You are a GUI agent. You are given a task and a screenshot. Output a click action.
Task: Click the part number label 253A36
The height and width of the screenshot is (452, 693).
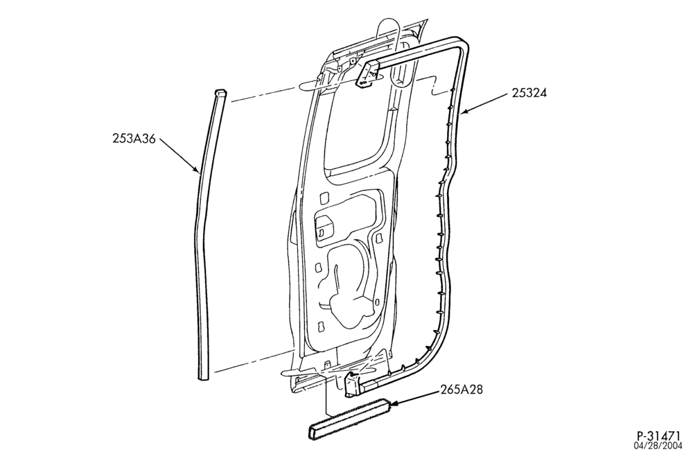pos(134,139)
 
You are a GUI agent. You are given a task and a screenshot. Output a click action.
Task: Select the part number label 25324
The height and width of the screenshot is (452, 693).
pos(529,93)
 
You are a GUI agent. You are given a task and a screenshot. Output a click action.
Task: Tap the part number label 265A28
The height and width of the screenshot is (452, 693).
pos(462,390)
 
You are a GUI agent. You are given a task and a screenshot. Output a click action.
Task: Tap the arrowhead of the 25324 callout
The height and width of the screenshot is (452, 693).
pos(464,112)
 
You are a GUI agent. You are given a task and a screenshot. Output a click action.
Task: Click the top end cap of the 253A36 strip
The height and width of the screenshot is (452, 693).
pos(221,94)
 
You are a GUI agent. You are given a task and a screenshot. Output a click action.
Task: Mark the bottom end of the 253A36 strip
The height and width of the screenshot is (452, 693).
pos(204,377)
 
